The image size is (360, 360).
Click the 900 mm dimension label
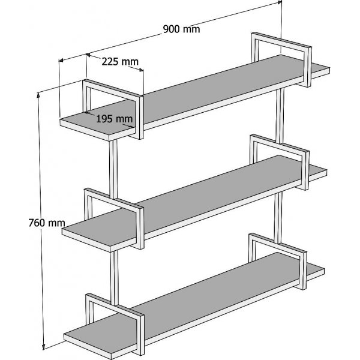182,28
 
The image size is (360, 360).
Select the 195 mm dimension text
114,118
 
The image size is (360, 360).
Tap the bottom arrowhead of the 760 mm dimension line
44,346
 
